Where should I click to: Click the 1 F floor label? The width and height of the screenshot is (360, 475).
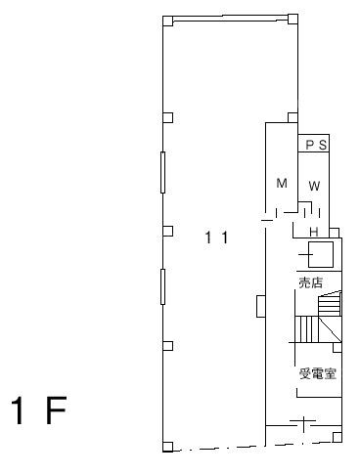point(39,410)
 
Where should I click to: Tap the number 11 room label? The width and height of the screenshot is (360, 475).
point(216,237)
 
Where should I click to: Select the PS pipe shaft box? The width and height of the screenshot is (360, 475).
point(314,143)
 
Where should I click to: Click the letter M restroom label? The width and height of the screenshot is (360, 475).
point(282,183)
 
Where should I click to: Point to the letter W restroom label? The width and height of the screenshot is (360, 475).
point(314,186)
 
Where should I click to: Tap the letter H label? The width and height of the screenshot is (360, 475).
point(314,232)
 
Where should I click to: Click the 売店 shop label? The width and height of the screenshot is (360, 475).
point(311,282)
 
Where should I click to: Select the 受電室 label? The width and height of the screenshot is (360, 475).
point(318,373)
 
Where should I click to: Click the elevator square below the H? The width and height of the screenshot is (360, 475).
point(321,254)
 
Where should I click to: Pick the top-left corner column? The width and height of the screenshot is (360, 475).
point(167,21)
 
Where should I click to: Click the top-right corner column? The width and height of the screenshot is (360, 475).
point(292,19)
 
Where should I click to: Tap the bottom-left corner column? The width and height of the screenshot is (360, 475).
point(167,447)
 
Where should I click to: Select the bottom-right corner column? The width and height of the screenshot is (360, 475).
point(337,437)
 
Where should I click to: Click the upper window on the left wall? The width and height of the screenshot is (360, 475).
point(162,172)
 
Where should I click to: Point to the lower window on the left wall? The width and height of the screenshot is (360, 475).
point(162,286)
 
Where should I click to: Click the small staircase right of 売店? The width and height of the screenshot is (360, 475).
point(330,304)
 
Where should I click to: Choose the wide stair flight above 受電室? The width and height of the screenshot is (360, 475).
point(318,329)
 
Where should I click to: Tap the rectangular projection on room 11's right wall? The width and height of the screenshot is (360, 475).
point(261,306)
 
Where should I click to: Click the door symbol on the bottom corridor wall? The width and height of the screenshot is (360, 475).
point(303,423)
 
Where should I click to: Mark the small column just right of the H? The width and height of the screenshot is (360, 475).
point(335,233)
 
